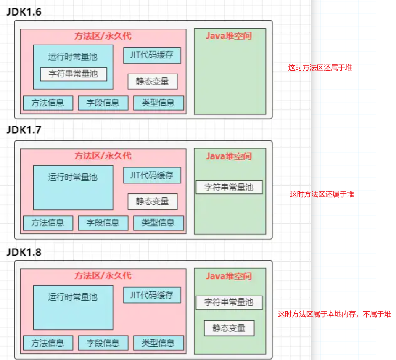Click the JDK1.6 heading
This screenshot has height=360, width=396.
pos(24,12)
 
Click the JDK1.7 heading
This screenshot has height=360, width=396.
pos(24,130)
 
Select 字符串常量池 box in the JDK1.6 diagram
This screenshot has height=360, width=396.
pos(74,74)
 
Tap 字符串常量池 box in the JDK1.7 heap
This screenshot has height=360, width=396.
pos(229,187)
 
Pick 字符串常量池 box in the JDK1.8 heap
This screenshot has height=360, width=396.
pos(229,302)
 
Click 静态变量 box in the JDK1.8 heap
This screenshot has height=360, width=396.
pos(229,328)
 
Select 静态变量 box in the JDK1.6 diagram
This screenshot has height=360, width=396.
pos(153,81)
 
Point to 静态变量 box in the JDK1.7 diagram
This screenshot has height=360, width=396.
pos(153,201)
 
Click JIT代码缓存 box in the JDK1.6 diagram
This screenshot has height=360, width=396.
pos(152,55)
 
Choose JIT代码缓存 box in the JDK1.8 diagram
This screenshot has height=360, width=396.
pos(152,295)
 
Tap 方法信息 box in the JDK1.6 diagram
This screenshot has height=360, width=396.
pos(48,103)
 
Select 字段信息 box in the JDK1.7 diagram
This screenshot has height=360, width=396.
pos(103,223)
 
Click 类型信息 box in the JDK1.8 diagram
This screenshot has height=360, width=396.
pos(158,343)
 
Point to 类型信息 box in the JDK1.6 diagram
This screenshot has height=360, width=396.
pos(158,103)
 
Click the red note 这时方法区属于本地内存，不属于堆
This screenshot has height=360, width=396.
pos(334,314)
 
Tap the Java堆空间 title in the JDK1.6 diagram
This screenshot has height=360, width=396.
pos(229,36)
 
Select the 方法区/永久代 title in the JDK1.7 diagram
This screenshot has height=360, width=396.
pos(103,156)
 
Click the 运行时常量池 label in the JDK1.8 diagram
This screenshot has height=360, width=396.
pos(73,297)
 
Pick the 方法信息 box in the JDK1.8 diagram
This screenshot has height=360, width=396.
pos(48,343)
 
